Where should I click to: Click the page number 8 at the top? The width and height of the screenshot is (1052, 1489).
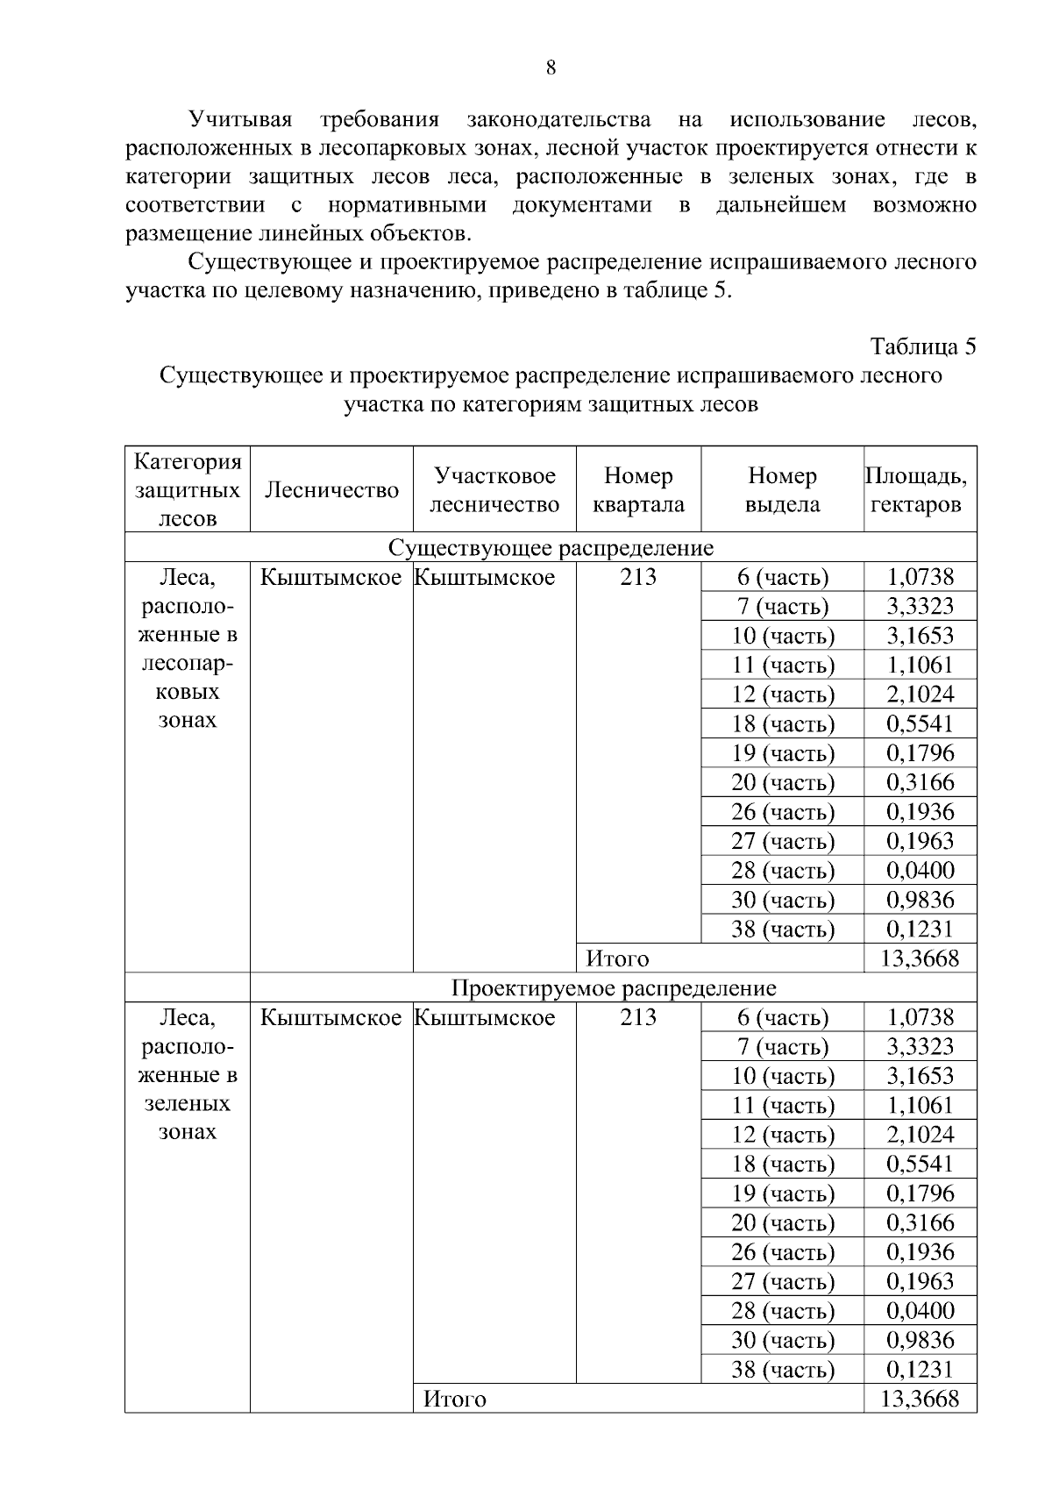(551, 68)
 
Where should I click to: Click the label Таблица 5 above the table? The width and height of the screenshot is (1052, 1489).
(922, 346)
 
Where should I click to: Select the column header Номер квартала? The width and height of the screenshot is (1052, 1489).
(638, 489)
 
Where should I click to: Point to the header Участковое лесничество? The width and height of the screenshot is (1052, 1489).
(494, 489)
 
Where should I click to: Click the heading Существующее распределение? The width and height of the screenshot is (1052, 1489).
(551, 548)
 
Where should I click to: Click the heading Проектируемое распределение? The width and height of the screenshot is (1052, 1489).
(613, 988)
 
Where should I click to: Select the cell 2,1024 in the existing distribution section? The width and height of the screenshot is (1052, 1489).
(920, 695)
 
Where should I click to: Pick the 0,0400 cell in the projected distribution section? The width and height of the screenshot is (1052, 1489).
(920, 1311)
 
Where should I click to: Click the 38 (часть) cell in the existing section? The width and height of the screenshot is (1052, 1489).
(782, 930)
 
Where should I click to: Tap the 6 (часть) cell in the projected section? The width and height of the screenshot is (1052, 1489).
(782, 1018)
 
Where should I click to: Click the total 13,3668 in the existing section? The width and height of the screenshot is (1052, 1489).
(920, 958)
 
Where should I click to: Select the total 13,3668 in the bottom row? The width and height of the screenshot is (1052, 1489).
(920, 1399)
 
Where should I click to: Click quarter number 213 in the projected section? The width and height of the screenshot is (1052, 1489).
(638, 1017)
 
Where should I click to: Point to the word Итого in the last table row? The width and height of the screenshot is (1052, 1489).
(454, 1400)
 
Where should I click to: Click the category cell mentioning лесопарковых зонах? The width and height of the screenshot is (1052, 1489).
(188, 649)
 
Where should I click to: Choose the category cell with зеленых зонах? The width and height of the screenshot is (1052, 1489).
(188, 1075)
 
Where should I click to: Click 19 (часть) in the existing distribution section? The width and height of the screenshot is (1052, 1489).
(782, 753)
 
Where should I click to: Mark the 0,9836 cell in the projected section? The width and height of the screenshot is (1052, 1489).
(920, 1340)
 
